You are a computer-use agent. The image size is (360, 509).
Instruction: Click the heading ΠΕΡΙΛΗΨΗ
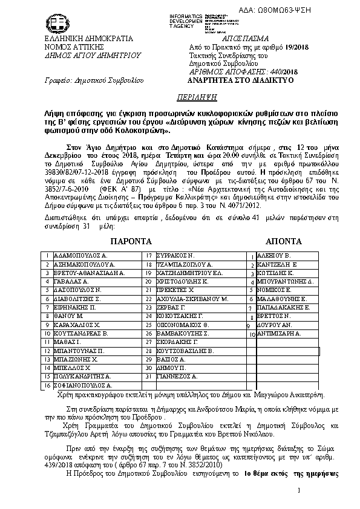(x=180, y=96)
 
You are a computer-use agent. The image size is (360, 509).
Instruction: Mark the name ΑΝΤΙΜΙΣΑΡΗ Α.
(x=278, y=333)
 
